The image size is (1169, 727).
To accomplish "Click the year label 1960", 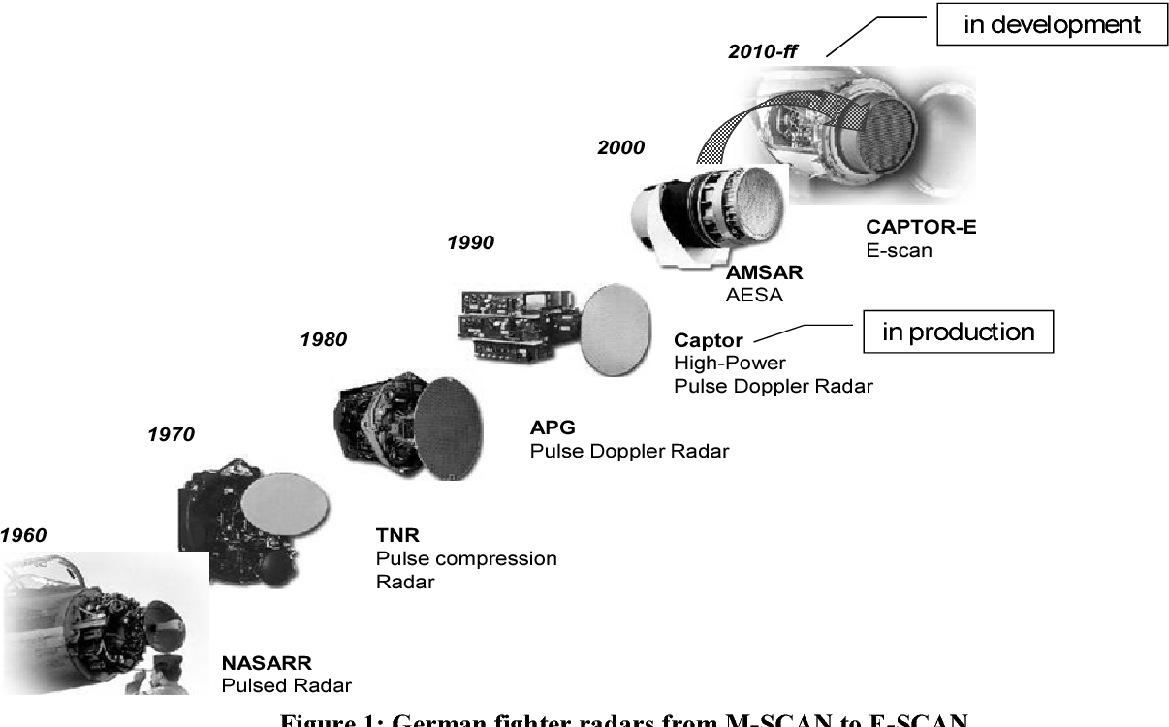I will (x=23, y=534).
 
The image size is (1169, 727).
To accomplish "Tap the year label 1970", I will (x=171, y=434).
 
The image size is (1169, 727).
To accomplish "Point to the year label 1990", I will (x=470, y=242).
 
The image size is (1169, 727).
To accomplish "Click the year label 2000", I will (x=620, y=148).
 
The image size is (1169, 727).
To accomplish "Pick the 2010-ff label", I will (x=762, y=51).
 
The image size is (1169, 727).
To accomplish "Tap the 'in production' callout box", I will (x=958, y=332).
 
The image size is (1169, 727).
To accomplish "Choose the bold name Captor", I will (x=708, y=340).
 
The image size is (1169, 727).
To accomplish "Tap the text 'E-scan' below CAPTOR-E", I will (x=899, y=250).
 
